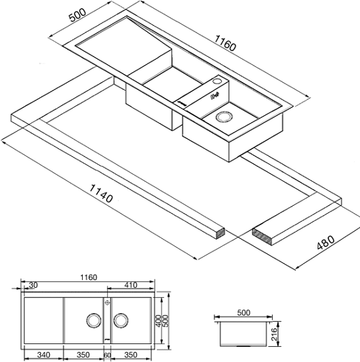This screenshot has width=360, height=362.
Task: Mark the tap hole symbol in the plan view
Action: coord(107,302)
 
